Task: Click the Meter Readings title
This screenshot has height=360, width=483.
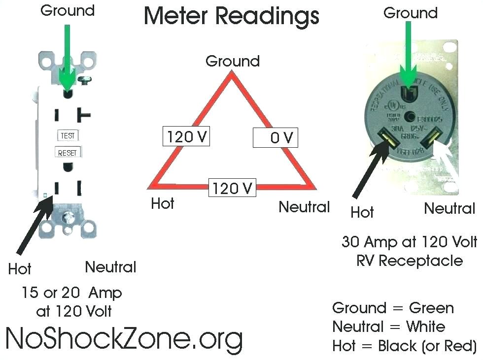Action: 231,16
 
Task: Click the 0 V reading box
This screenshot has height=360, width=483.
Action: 276,137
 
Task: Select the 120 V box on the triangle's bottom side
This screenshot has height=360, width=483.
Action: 232,188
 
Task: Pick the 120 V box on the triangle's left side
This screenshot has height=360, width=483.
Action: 186,136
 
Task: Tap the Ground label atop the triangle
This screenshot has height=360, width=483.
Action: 232,62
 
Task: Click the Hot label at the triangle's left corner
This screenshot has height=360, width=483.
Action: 162,203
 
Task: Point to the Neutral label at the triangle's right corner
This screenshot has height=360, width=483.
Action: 304,207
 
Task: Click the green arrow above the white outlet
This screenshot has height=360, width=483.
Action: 67,54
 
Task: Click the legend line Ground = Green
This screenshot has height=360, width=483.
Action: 393,308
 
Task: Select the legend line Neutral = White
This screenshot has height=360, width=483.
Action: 388,327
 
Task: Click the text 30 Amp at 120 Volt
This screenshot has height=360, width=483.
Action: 409,242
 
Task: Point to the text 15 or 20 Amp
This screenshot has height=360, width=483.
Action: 71,293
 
